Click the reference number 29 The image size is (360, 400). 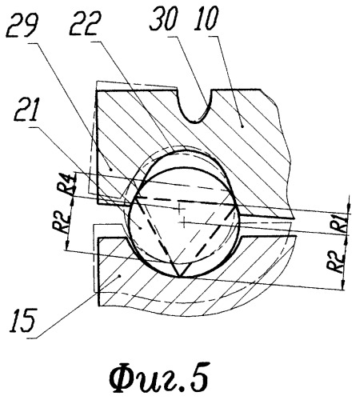[22, 26]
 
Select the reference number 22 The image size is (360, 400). [86, 23]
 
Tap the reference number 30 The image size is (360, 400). [163, 18]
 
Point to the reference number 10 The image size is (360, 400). [206, 18]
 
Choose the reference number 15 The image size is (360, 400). [22, 321]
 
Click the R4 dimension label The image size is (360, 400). [65, 185]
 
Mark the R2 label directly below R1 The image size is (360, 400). [337, 262]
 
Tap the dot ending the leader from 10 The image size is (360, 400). [242, 126]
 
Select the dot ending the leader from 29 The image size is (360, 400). [111, 169]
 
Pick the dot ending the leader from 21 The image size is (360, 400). [141, 227]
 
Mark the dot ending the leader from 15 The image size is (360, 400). [120, 276]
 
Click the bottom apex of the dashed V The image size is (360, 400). [178, 276]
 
